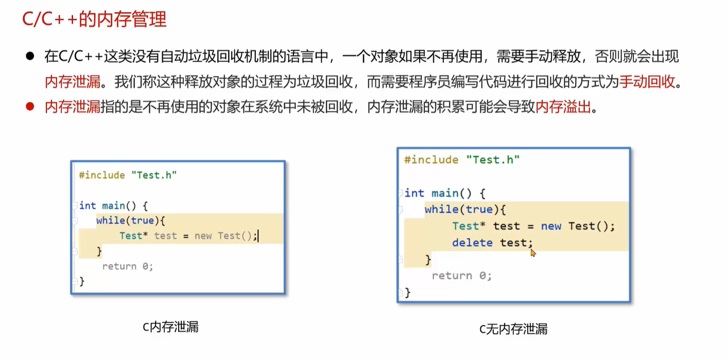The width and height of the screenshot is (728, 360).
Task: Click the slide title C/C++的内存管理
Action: pyautogui.click(x=95, y=19)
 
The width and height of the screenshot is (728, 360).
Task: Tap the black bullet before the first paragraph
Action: pyautogui.click(x=30, y=56)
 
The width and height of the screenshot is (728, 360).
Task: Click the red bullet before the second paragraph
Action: pyautogui.click(x=30, y=107)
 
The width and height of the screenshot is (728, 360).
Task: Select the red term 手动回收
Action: pyautogui.click(x=647, y=82)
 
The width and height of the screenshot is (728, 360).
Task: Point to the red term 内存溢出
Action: pyautogui.click(x=563, y=108)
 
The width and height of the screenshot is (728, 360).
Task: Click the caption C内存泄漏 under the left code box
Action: pyautogui.click(x=170, y=327)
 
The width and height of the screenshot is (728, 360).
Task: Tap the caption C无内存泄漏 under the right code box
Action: pyautogui.click(x=513, y=329)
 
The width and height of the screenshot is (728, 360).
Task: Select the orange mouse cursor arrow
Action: pyautogui.click(x=533, y=252)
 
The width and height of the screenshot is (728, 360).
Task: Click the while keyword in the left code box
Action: pyautogui.click(x=110, y=220)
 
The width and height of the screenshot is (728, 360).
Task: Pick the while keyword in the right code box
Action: pyautogui.click(x=441, y=209)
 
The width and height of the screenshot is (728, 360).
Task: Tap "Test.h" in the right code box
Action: pyautogui.click(x=493, y=160)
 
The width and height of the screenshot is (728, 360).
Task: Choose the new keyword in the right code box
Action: pyautogui.click(x=551, y=226)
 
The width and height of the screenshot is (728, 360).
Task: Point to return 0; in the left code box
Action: pyautogui.click(x=128, y=266)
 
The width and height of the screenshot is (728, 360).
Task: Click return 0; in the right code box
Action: pyautogui.click(x=462, y=276)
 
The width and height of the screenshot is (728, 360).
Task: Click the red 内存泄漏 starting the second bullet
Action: pyautogui.click(x=73, y=108)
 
